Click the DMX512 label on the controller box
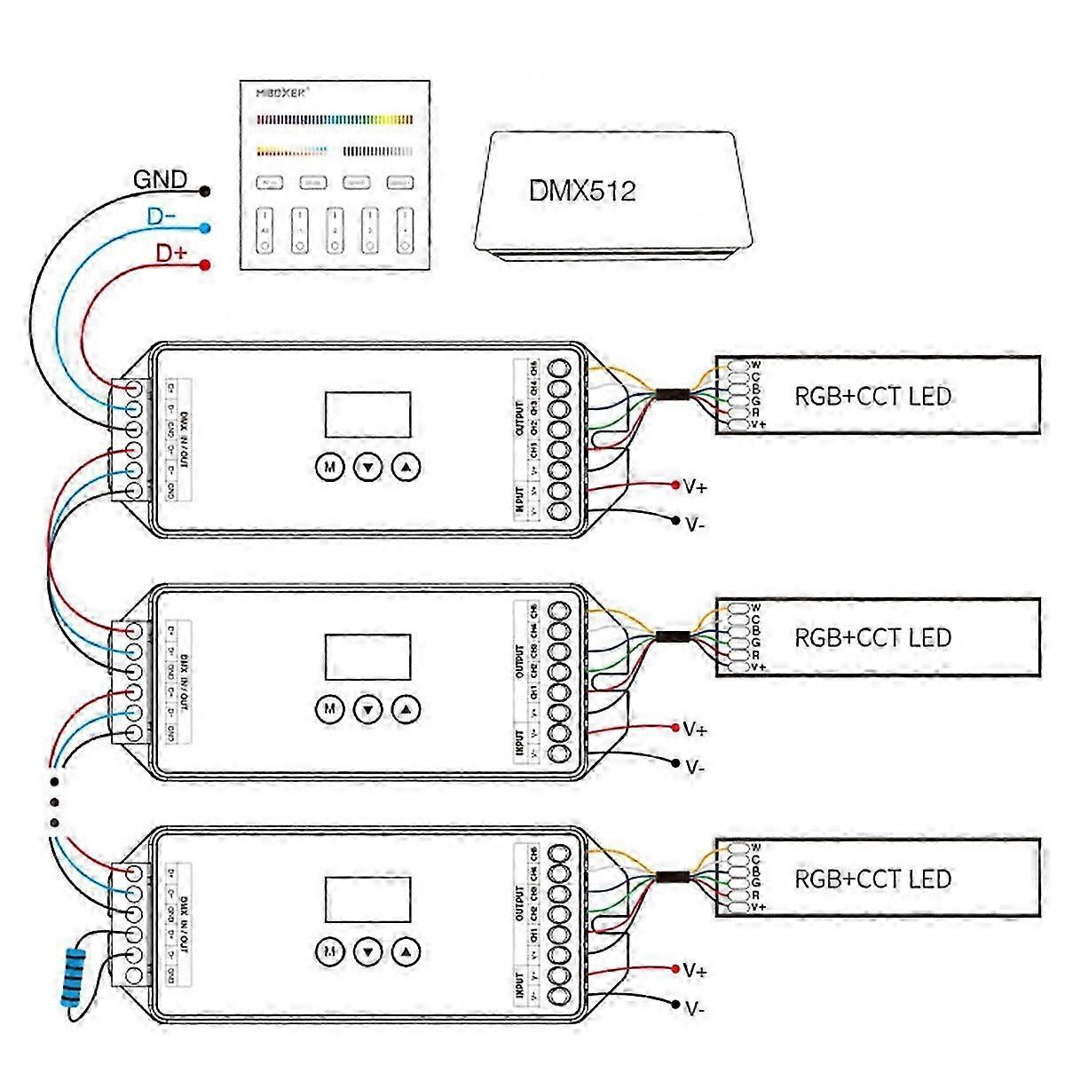tap(582, 191)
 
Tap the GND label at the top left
tap(161, 180)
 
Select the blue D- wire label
tap(162, 217)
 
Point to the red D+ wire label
tap(171, 253)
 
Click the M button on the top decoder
tap(330, 467)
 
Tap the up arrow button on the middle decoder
tap(406, 709)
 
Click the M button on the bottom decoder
tap(330, 951)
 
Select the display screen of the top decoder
tap(367, 414)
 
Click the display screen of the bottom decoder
tap(367, 900)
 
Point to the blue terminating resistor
tap(75, 976)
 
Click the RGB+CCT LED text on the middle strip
tap(872, 637)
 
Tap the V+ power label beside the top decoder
tap(695, 486)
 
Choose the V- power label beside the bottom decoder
tap(695, 1008)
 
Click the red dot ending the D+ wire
tap(205, 264)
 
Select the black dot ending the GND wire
tap(205, 191)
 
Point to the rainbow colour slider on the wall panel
tap(335, 119)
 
